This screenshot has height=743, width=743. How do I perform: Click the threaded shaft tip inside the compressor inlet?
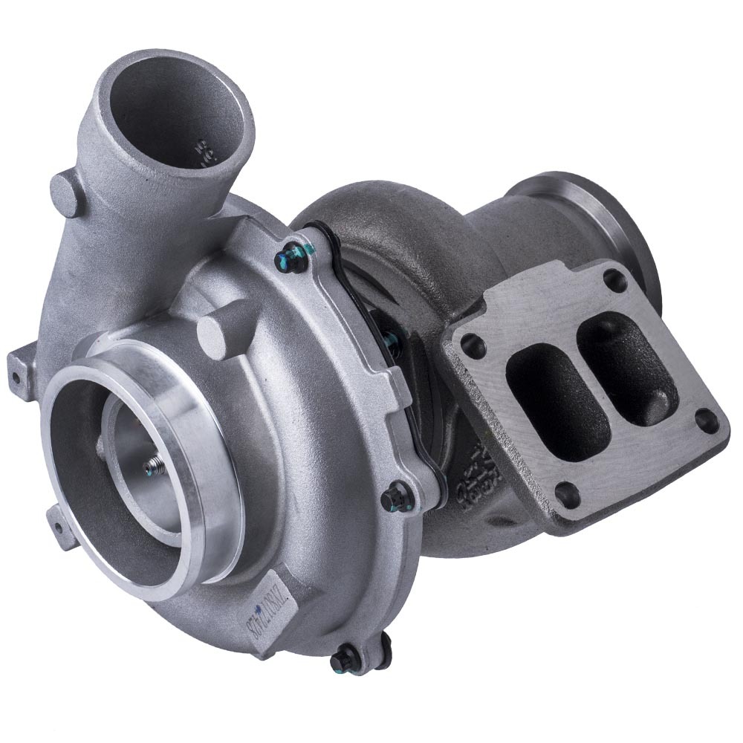151,466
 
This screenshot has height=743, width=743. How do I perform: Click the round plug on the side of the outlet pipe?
66,192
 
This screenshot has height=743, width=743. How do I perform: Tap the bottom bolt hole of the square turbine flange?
568,494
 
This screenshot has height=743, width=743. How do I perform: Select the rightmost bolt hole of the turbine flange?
707,422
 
